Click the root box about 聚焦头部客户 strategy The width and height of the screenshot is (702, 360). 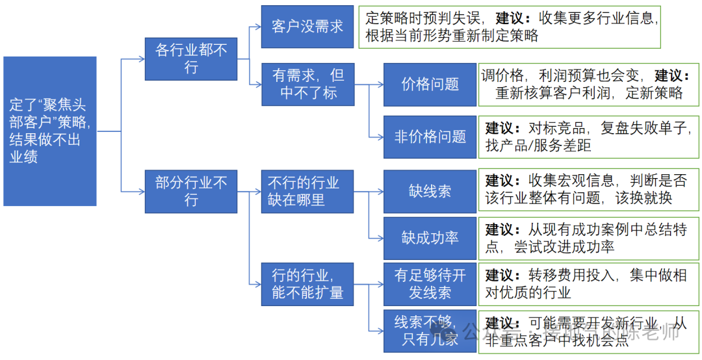(50, 131)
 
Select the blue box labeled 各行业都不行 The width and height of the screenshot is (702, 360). (191, 58)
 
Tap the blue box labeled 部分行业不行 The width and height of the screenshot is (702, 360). (191, 191)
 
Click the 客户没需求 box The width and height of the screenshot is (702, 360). (307, 27)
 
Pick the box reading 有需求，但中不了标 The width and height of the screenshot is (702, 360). (307, 84)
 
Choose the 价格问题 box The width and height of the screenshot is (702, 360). (430, 84)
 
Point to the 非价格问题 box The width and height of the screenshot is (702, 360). (430, 136)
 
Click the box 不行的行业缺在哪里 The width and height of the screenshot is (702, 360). (307, 191)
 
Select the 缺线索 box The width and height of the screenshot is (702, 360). (430, 191)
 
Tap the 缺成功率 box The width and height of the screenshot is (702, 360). (430, 238)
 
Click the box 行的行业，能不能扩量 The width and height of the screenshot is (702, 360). (307, 283)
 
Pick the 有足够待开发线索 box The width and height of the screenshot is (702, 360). (430, 284)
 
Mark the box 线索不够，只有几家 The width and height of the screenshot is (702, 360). (430, 330)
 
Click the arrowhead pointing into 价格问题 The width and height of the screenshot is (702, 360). (379, 84)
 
